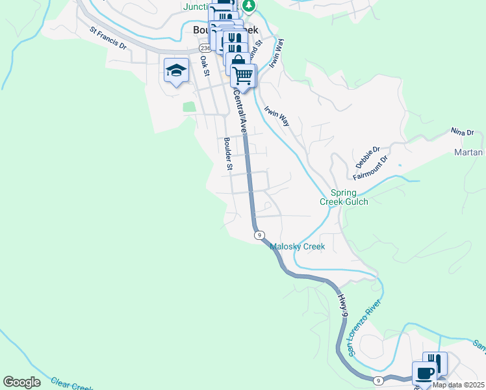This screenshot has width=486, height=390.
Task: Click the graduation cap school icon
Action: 175,70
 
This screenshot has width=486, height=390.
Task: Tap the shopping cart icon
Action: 243,75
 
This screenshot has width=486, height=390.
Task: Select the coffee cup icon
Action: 424,374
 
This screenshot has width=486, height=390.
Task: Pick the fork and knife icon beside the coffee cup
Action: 435,363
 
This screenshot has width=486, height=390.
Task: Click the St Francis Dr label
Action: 109,38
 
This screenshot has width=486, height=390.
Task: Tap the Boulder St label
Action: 228,153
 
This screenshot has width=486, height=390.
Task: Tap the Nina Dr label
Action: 462,132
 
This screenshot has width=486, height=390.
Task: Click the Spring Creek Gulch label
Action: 344,197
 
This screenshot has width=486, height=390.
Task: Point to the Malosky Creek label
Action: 297,246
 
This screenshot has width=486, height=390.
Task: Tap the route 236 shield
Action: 205,48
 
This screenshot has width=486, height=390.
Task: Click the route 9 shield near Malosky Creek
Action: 259,235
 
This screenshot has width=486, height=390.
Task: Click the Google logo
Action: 21,382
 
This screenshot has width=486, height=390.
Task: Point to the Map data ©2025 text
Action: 458,385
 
